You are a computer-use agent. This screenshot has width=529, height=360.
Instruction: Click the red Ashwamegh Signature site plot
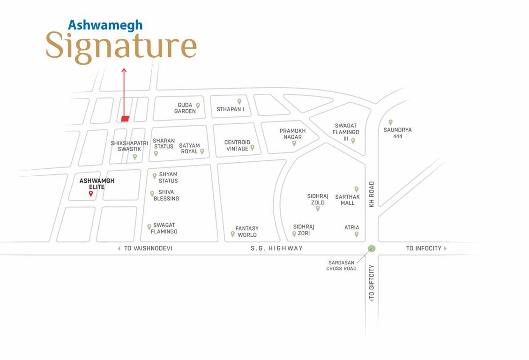[x=125, y=119]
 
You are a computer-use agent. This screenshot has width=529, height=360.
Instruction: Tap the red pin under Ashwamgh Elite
[x=91, y=193]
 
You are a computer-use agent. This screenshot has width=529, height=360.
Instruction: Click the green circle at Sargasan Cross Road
[x=372, y=248]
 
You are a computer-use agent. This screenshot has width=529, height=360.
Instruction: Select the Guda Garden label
[x=185, y=108]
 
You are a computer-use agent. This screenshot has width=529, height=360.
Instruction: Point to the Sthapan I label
[x=231, y=109]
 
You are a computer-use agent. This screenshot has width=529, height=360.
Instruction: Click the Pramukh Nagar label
[x=292, y=134]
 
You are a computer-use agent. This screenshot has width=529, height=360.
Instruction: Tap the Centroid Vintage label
[x=237, y=145]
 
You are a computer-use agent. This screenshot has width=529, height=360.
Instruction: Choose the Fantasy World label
[x=247, y=232]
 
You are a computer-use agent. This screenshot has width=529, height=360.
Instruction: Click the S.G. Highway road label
[x=276, y=248]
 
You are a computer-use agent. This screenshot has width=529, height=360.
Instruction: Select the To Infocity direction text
[x=424, y=248]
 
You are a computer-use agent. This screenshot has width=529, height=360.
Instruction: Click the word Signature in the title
[x=121, y=46]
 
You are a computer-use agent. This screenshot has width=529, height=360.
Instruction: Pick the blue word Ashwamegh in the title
[x=105, y=25]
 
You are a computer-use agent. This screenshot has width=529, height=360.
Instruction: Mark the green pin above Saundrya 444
[x=390, y=122]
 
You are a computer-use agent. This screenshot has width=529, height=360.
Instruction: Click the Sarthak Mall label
[x=347, y=200]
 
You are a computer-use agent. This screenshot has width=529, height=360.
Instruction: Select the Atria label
[x=352, y=228]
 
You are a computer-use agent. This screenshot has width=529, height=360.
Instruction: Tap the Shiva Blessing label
[x=166, y=195]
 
